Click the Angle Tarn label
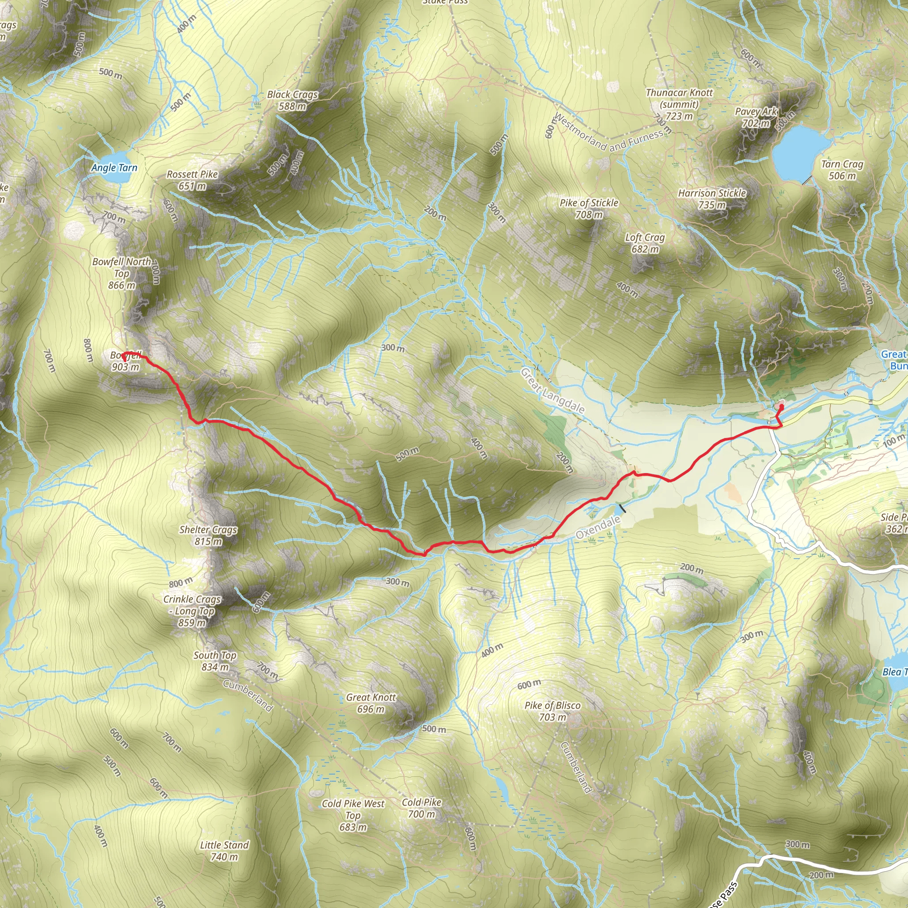pos(114,168)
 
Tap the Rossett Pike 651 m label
pos(192,180)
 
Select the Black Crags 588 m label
pos(292,100)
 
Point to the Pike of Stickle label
pos(589,209)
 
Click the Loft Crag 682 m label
pos(645,243)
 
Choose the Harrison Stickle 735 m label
pos(712,199)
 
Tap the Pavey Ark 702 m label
pos(756,117)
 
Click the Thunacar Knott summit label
pos(679,104)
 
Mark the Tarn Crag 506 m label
pos(842,170)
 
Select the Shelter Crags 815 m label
pos(208,535)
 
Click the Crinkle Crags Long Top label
pos(192,611)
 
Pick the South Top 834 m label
pos(215,661)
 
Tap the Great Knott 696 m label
pos(371,703)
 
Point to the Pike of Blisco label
pos(553,711)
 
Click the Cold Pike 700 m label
pos(422,808)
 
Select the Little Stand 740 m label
pos(224,851)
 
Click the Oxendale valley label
pos(598,527)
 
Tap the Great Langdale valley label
pos(553,391)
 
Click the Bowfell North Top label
pos(122,273)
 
